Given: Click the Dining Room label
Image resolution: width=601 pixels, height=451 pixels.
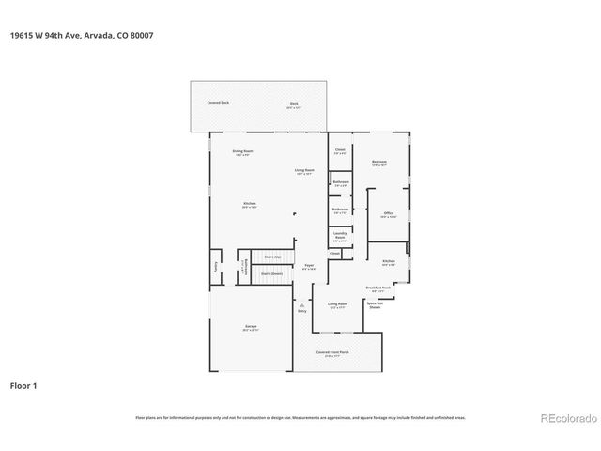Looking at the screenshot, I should tap(244, 151).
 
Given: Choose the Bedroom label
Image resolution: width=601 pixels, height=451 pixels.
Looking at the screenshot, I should tap(379, 163).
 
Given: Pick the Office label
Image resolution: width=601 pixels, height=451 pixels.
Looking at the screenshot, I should tap(389, 213).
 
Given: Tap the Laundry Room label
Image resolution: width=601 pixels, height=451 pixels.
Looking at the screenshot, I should tap(340, 236).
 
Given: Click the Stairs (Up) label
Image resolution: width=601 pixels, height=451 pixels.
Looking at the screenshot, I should tap(271, 257).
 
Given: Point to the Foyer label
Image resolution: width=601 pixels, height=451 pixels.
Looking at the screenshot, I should tap(309, 267).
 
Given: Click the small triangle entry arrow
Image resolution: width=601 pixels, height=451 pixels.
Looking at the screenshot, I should tap(301, 304).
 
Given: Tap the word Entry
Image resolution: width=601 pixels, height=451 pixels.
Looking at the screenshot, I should tap(301, 311).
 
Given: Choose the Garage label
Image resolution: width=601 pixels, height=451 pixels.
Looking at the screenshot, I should tap(251, 327).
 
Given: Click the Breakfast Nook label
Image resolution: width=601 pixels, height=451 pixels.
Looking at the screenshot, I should tap(379, 288).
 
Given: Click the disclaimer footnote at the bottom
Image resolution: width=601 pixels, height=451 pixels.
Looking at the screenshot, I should tap(300, 417).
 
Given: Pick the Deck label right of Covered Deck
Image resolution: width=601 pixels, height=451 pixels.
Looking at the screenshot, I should tap(294, 103).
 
